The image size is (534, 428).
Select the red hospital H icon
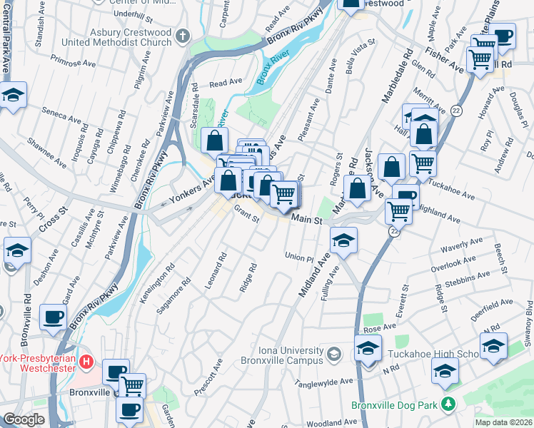(x=86, y=361)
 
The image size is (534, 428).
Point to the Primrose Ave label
(x=74, y=63)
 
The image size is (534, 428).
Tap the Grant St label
(x=246, y=214)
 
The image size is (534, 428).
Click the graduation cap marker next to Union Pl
(x=343, y=241)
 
